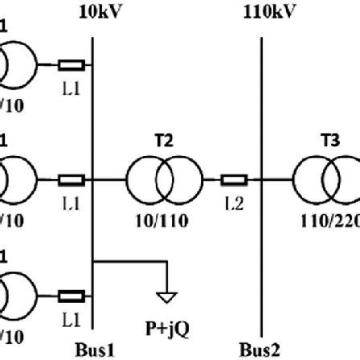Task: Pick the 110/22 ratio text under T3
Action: point(329,220)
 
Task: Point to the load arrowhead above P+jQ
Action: point(166,296)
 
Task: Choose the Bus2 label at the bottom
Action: point(256,350)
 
